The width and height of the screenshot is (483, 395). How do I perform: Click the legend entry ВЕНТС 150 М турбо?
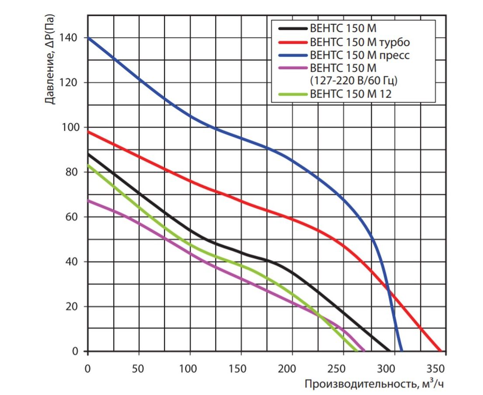[359, 42]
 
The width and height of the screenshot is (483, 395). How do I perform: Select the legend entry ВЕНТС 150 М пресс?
[359, 55]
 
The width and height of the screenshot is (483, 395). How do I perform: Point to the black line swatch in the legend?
[292, 29]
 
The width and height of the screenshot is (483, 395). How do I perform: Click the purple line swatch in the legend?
[292, 68]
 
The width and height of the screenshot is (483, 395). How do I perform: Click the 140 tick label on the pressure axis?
[70, 38]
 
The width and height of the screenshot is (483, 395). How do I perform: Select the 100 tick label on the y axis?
[70, 128]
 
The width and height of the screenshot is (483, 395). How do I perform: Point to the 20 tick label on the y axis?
[73, 307]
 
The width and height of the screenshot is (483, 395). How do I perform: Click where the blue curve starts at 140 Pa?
[88, 38]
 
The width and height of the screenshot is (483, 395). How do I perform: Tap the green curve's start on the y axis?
[88, 165]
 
